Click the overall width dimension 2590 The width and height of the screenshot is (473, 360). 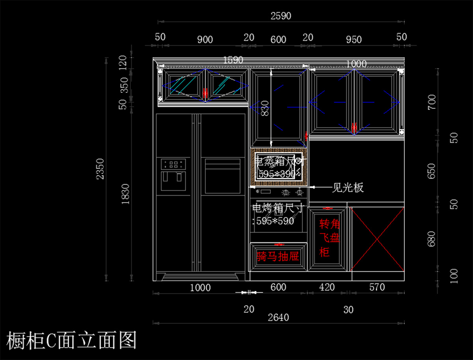point(281,16)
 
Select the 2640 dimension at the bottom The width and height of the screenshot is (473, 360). point(279,317)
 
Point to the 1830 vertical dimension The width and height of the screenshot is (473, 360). point(125,194)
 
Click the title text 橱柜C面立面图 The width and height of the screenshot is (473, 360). point(72,340)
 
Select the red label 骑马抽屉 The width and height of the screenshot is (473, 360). point(277,257)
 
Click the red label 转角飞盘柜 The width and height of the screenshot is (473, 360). point(329,238)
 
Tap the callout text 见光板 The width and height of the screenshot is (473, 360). point(347,188)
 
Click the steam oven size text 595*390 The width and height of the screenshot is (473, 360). point(277,174)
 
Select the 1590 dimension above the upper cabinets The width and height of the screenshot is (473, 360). point(233,60)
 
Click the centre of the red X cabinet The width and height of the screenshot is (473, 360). point(377,239)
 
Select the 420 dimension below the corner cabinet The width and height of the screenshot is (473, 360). point(327,287)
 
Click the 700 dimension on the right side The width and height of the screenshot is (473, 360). point(432,102)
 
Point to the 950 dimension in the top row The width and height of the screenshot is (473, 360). point(354,39)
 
